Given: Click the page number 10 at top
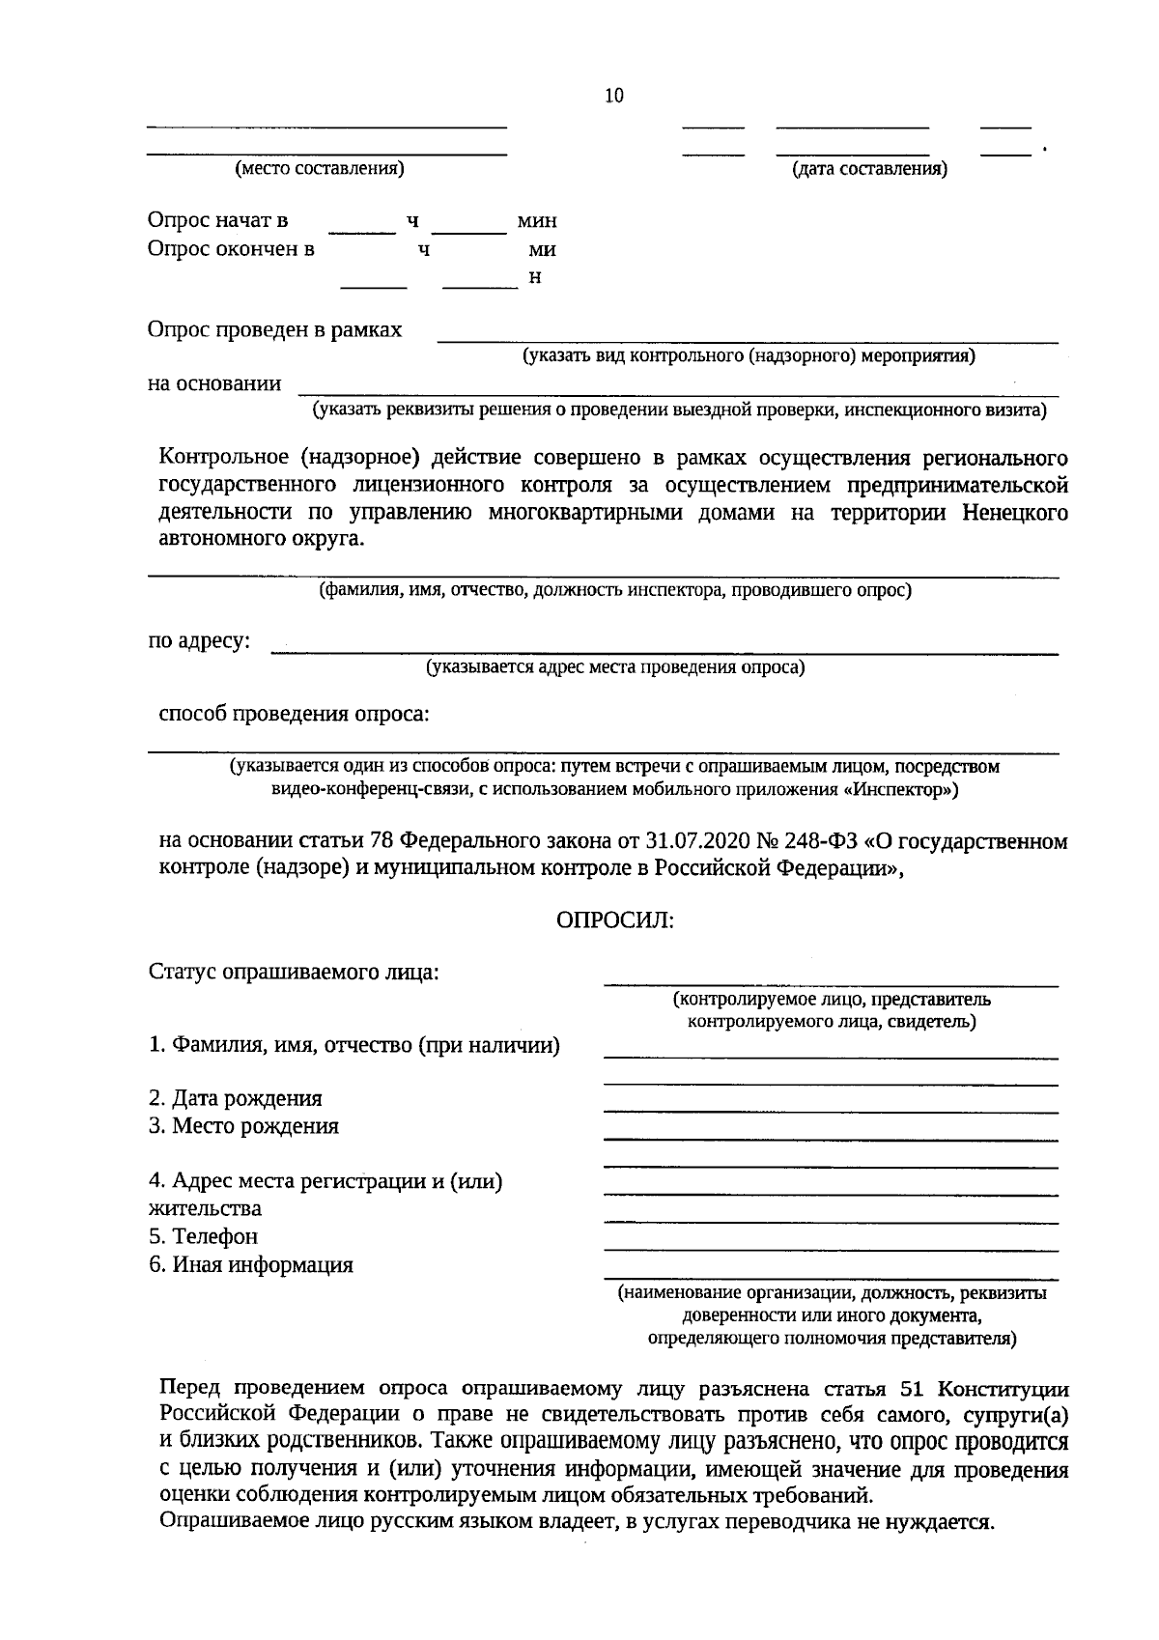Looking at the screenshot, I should pos(614,96).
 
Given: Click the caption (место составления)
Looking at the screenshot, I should pos(320,169).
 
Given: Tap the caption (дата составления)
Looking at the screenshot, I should pos(869,170).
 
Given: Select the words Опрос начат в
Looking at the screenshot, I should pos(217,220).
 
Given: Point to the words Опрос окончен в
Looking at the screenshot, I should pos(231,249).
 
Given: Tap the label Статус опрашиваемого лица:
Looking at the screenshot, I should pos(294,972).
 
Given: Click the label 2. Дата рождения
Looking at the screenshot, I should pos(236,1098).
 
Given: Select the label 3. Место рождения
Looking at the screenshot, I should pos(243,1126).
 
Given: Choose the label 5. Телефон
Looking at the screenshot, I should pos(203,1236).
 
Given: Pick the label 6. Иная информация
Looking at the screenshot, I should pos(250,1264).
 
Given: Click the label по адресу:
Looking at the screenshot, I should pos(199,640).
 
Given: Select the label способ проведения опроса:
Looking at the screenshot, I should pos(294,714).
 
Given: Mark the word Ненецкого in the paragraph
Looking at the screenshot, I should pos(1014,512).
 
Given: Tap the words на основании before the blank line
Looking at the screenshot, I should pos(214,383).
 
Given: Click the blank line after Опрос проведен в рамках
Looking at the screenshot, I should pos(749,339).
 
